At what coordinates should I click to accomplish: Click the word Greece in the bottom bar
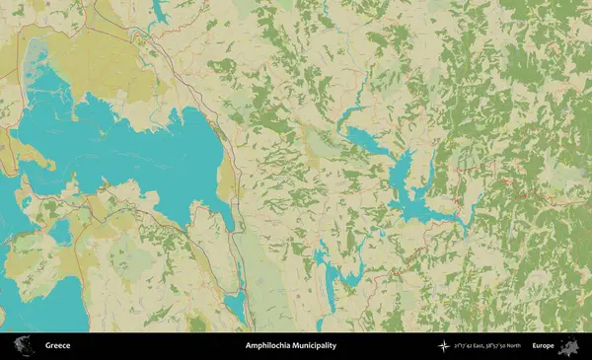[x=56, y=346]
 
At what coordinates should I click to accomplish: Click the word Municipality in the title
[x=316, y=346]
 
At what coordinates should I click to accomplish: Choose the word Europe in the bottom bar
[x=543, y=346]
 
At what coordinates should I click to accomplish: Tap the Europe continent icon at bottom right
[x=569, y=346]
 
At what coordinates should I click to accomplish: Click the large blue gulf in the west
[x=128, y=148]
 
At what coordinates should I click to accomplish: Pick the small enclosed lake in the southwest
[x=61, y=233]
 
